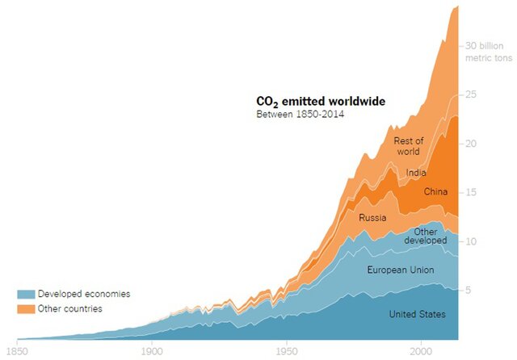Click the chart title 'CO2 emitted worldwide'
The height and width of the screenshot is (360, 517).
[321, 102]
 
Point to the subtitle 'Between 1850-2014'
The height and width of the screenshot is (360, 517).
[296, 115]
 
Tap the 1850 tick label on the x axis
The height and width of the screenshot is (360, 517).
[18, 351]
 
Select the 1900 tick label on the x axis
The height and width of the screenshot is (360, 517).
[151, 351]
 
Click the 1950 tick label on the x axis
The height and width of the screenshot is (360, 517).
[284, 351]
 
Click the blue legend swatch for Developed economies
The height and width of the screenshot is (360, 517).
[25, 295]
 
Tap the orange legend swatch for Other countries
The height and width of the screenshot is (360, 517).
[25, 310]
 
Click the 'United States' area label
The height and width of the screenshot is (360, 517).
[417, 314]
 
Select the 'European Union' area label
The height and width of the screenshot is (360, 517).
[401, 270]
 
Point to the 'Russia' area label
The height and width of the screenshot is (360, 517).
[372, 217]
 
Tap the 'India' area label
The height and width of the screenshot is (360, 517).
[417, 172]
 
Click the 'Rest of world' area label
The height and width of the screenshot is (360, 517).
[409, 147]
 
